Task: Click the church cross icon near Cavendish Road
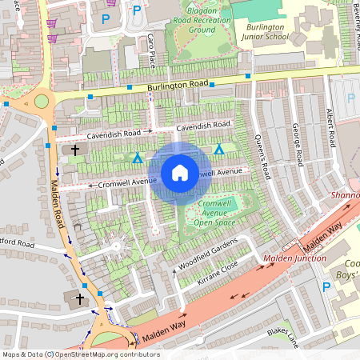pos(75,150)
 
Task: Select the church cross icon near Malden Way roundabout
pos(78,299)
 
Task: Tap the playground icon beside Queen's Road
pos(218,150)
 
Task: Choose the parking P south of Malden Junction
pos(326,286)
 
